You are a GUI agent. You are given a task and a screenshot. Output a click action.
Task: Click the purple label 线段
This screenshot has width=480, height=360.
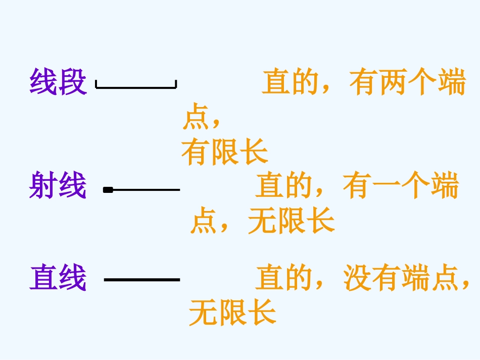[58, 82]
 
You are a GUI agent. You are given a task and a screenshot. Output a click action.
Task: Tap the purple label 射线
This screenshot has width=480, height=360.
[58, 185]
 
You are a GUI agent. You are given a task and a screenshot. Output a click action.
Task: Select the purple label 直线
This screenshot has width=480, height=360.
[58, 278]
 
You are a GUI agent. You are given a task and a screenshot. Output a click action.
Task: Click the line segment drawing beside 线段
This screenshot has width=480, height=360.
[136, 87]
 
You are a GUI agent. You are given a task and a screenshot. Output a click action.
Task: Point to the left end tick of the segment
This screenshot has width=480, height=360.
[97, 84]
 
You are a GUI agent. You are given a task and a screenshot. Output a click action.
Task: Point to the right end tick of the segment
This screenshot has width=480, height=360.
[175, 84]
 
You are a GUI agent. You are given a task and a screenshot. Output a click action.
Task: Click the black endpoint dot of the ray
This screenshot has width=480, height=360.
[108, 190]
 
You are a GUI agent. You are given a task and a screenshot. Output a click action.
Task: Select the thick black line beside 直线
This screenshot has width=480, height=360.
[142, 279]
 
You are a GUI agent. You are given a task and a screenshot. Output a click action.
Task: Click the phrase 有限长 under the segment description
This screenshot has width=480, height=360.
[225, 152]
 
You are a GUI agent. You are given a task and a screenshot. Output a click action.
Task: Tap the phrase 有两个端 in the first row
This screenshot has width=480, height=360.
[407, 83]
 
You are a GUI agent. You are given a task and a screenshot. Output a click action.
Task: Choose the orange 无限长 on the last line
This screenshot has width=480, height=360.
[232, 313]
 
